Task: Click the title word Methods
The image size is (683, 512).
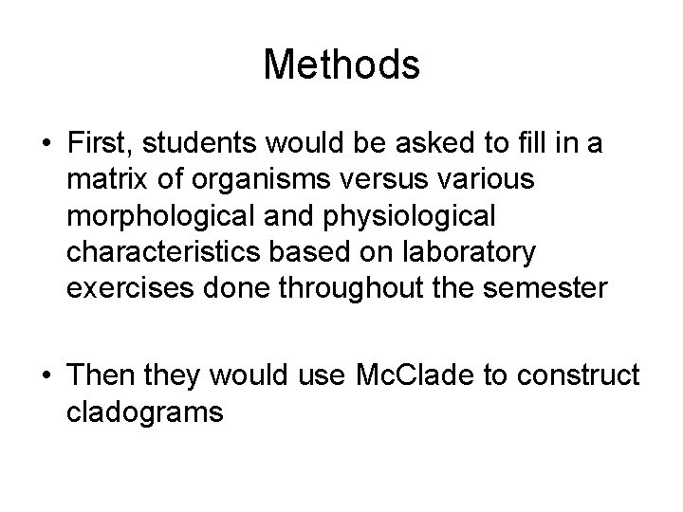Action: pos(341,64)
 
